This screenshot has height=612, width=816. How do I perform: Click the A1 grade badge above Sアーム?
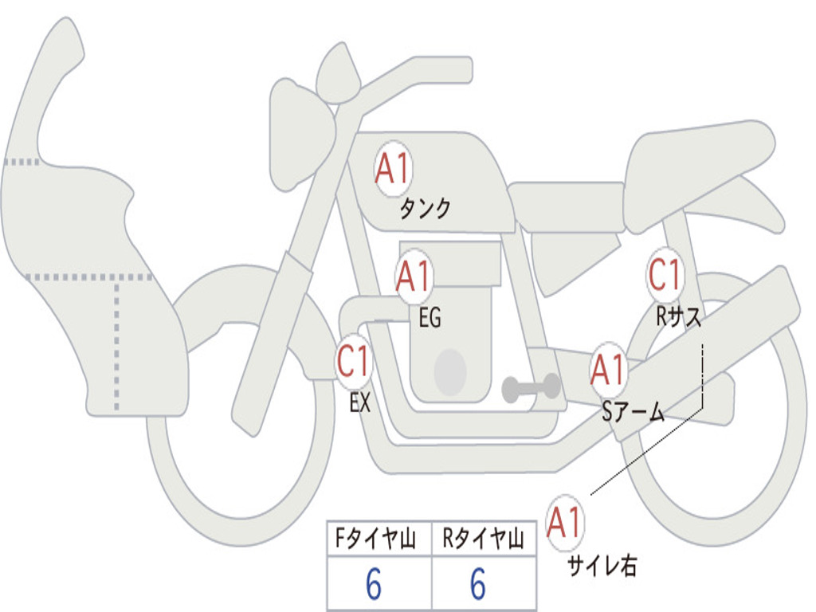(609, 370)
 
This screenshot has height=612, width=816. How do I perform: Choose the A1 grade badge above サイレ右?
(565, 524)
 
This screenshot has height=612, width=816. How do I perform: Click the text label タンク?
(425, 209)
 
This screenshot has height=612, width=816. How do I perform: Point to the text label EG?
(430, 319)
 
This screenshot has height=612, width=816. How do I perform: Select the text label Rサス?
(679, 317)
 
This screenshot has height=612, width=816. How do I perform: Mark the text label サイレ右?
(602, 565)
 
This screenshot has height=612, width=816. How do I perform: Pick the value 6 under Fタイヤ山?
(374, 585)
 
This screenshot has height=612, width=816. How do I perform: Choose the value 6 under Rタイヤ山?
(477, 585)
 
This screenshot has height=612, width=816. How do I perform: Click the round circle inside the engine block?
(450, 372)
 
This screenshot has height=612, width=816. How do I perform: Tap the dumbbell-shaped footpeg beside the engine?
(531, 388)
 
